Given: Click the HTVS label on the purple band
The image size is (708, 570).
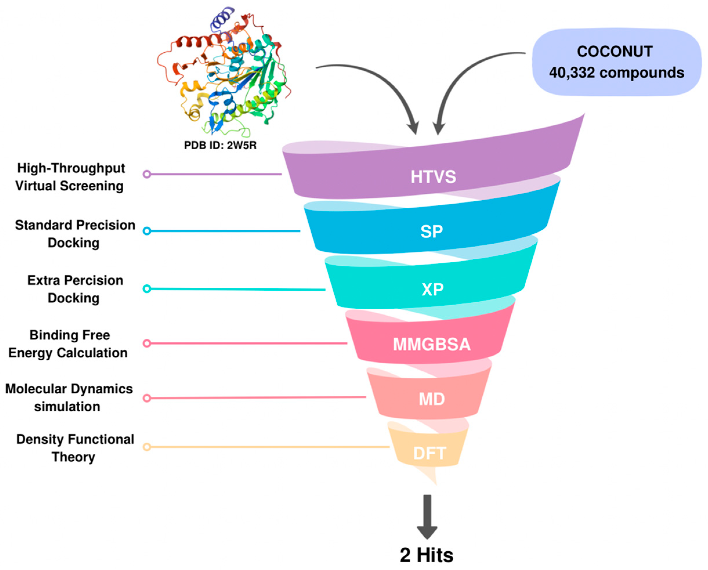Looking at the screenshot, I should click(433, 177).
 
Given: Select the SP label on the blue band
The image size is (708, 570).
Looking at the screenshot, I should click(432, 232).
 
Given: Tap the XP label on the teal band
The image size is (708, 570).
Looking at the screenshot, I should click(432, 289).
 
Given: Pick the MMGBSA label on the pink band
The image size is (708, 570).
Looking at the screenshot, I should click(432, 344).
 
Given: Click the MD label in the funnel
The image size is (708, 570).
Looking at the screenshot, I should click(432, 399).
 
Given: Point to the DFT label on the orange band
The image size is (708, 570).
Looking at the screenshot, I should click(429, 453).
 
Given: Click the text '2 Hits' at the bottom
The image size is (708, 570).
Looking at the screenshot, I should click(427, 555).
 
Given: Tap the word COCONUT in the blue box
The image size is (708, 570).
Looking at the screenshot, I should click(615, 52).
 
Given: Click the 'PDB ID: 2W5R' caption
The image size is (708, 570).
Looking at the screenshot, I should click(220, 145).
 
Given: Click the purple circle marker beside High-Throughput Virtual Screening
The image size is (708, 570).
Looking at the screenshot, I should click(147, 174).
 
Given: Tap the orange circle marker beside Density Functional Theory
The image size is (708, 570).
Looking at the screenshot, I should click(147, 447).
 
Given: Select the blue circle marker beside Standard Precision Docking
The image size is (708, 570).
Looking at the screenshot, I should click(147, 231).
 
